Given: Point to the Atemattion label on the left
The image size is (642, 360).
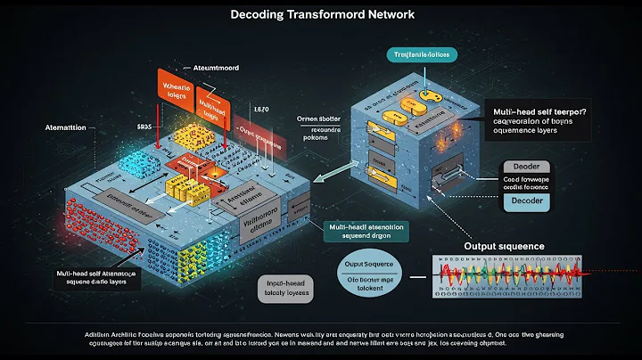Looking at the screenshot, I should coord(62,127).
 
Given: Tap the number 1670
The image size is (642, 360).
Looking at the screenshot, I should coord(260,108).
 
